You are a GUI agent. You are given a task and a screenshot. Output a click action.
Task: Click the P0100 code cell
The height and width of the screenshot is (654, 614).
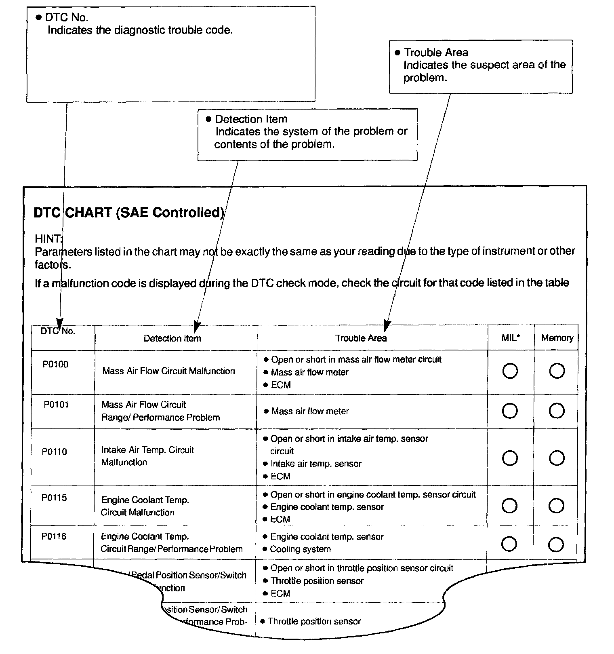(55, 365)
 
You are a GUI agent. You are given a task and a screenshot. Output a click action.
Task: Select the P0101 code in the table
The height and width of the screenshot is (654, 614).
(56, 405)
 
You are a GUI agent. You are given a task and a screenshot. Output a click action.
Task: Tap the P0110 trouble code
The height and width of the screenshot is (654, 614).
(55, 451)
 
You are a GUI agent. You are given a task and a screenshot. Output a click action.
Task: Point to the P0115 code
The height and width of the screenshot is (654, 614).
(54, 498)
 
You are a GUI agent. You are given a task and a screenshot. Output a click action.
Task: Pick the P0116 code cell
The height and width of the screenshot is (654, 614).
(54, 536)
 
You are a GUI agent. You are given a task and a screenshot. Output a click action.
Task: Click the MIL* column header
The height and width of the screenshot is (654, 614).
(511, 338)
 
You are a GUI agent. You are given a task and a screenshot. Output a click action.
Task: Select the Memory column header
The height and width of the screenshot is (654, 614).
(557, 338)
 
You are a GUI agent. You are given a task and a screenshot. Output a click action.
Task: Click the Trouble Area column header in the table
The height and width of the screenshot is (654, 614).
(361, 338)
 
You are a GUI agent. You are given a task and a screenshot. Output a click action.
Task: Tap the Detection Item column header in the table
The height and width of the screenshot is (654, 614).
(172, 338)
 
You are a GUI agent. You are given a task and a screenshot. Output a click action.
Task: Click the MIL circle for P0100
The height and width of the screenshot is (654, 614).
(510, 371)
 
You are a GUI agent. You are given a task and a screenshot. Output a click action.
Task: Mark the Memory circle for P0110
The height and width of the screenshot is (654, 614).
(557, 458)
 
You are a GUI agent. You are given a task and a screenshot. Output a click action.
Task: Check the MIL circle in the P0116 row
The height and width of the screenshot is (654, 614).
(509, 544)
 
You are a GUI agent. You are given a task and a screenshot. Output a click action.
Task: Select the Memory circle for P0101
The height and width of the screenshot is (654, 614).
(557, 411)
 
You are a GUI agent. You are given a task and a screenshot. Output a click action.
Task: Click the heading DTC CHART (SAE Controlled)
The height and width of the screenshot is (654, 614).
(129, 213)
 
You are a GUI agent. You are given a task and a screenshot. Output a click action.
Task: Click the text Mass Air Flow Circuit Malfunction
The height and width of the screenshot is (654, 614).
(168, 371)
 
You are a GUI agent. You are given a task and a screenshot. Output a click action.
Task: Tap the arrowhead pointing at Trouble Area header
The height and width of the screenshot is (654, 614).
(387, 325)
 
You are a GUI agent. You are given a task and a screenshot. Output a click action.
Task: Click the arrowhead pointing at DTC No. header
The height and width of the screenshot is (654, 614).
(59, 324)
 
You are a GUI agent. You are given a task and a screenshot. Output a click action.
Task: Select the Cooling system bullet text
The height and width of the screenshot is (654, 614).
(300, 549)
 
